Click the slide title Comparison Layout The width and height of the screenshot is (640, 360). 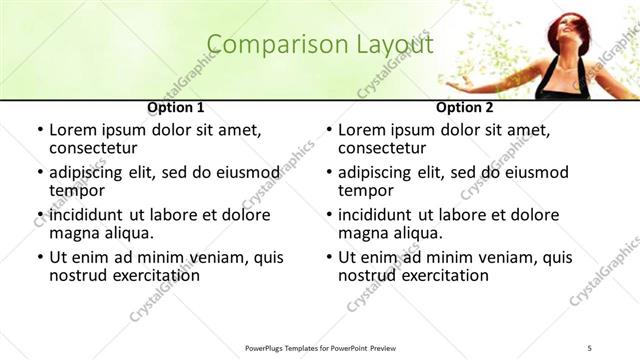pyautogui.click(x=320, y=45)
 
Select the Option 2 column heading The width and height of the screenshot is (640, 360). pyautogui.click(x=464, y=107)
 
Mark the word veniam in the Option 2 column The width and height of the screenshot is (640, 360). pyautogui.click(x=510, y=257)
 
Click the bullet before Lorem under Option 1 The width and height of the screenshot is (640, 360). pyautogui.click(x=39, y=131)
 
